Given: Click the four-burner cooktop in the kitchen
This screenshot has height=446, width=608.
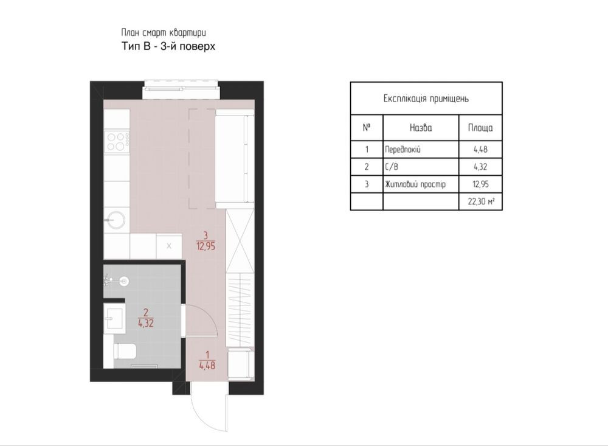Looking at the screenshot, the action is click(116, 142).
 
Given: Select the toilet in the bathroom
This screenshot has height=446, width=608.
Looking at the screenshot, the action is click(125, 351).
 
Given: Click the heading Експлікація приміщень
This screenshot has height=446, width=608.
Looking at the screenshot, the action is click(426, 99).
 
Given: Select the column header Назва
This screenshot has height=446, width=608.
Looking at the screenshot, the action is click(421, 128).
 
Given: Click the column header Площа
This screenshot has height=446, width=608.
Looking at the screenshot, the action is click(480, 128).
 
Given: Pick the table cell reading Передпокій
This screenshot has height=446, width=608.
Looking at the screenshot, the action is click(402, 150).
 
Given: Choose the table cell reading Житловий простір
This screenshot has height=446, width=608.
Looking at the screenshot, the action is click(415, 184).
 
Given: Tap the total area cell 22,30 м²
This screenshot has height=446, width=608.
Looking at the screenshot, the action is click(481, 201).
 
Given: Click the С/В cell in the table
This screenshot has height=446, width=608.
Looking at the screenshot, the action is click(391, 167).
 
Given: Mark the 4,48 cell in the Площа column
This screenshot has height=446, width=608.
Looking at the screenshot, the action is click(480, 150).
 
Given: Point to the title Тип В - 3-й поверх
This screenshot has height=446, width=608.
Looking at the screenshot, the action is click(168, 46).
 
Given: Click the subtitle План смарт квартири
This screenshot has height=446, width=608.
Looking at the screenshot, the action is click(163, 33).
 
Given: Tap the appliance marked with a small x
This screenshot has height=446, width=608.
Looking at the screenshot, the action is click(168, 246).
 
